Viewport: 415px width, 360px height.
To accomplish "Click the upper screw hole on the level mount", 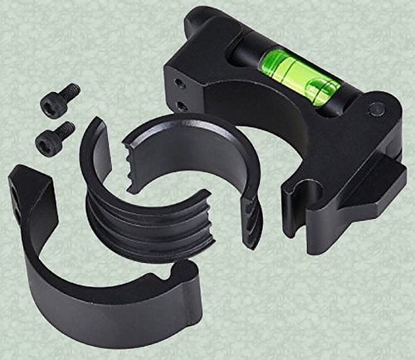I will (x=181, y=82).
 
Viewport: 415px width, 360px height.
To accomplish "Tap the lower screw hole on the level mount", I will (x=182, y=106).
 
